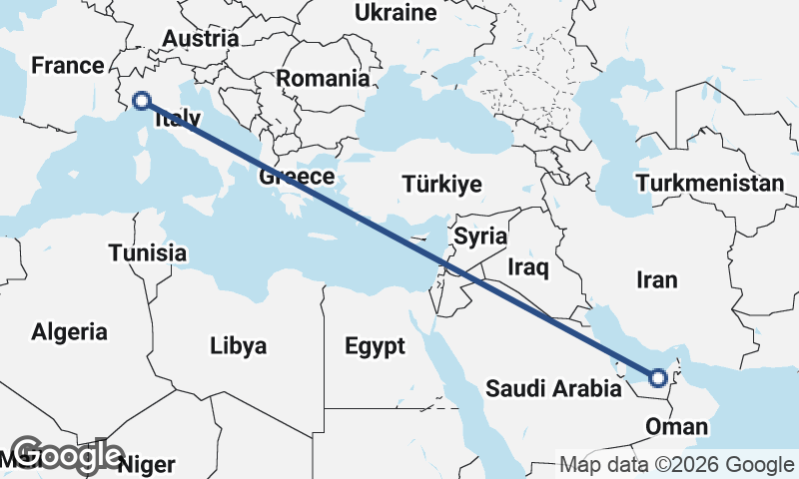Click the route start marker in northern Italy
[141, 100]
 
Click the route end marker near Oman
[657, 378]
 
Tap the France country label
[68, 66]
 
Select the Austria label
[201, 39]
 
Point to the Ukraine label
[397, 13]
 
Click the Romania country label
[323, 78]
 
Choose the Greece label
[296, 178]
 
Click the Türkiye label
[441, 185]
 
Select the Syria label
[480, 237]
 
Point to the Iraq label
[528, 267]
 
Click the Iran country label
[656, 280]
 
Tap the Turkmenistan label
[710, 184]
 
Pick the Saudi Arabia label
[553, 388]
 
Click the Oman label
[677, 427]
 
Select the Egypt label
[375, 346]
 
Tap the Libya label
[239, 346]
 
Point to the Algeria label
[69, 331]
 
